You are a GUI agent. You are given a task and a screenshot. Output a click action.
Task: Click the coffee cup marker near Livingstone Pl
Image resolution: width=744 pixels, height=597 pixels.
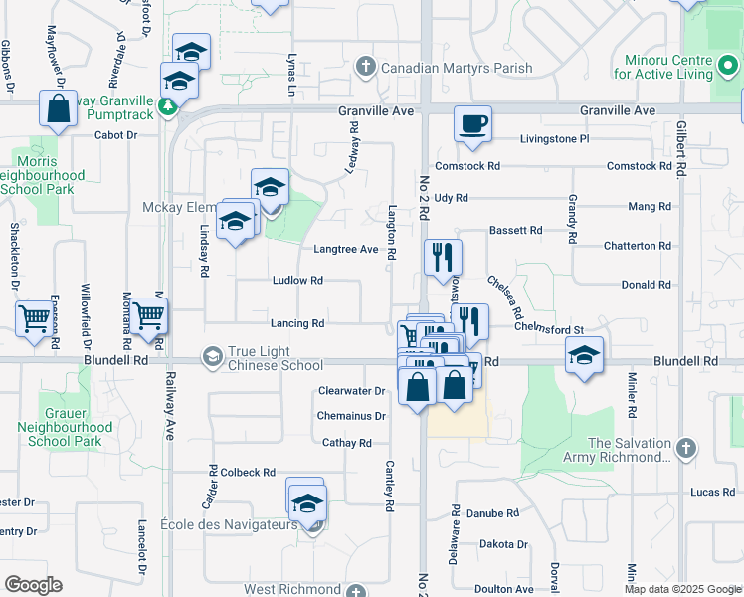[x=472, y=124]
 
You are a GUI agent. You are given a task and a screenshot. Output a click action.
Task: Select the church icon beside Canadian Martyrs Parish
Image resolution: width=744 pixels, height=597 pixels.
[x=365, y=68]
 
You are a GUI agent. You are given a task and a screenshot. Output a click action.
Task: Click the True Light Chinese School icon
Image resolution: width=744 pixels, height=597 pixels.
[x=212, y=355]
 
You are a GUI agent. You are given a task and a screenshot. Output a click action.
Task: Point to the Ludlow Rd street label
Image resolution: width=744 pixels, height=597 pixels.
[x=297, y=281]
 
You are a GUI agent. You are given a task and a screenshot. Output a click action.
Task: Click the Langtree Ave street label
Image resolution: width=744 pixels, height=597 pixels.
[x=346, y=249]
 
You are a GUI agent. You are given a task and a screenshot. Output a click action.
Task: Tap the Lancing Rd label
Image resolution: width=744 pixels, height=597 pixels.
[x=297, y=323]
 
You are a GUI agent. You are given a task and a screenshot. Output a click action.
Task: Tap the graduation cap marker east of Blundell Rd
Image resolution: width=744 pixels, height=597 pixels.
[x=583, y=355]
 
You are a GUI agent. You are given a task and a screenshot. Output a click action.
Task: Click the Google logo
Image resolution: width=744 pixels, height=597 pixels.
[x=33, y=585]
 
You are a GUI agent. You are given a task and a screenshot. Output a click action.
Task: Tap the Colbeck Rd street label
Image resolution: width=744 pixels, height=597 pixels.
[x=247, y=472]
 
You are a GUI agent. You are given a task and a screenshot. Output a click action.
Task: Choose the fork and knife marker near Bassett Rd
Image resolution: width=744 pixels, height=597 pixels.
[x=443, y=257]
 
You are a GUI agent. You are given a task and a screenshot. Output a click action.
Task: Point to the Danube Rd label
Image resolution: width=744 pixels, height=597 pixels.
[x=498, y=513]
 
